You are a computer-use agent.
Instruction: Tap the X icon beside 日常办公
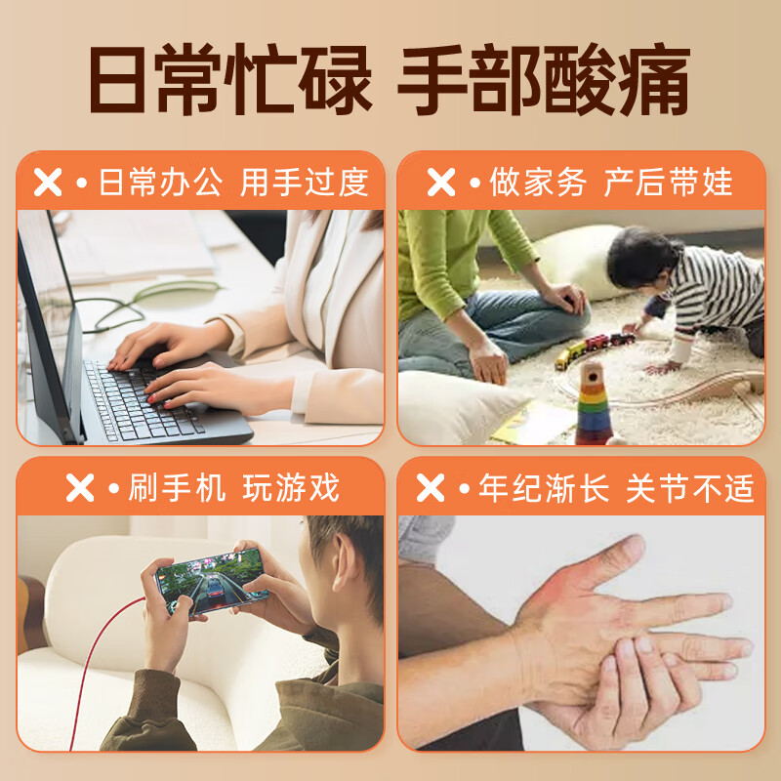[48, 183]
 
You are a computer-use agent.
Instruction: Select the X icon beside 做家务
[441, 183]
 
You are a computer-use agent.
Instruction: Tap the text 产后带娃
[668, 183]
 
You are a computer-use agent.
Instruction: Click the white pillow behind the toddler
[576, 259]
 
